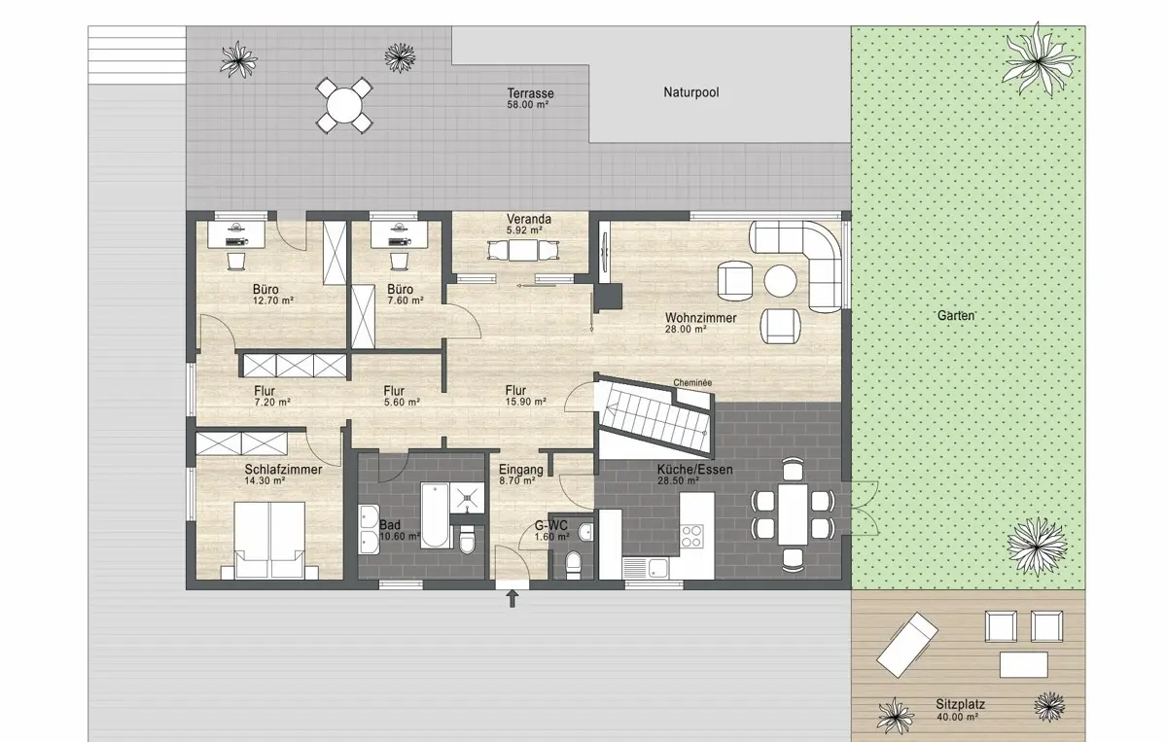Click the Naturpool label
click(x=690, y=92)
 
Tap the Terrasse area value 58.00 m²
click(x=528, y=105)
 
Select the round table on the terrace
click(x=344, y=105)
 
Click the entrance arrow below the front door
click(x=513, y=598)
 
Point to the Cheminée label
click(x=692, y=382)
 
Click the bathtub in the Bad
click(x=435, y=515)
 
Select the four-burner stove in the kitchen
click(x=691, y=536)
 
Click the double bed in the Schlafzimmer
click(x=269, y=540)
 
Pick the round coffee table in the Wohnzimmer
click(x=780, y=281)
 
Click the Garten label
click(x=956, y=316)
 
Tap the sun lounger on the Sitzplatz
click(x=907, y=645)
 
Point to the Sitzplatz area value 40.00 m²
click(x=957, y=717)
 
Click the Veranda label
click(x=529, y=220)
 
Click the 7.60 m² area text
click(x=406, y=300)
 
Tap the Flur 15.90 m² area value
click(x=526, y=402)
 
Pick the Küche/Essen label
click(x=695, y=470)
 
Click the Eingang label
click(x=521, y=470)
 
